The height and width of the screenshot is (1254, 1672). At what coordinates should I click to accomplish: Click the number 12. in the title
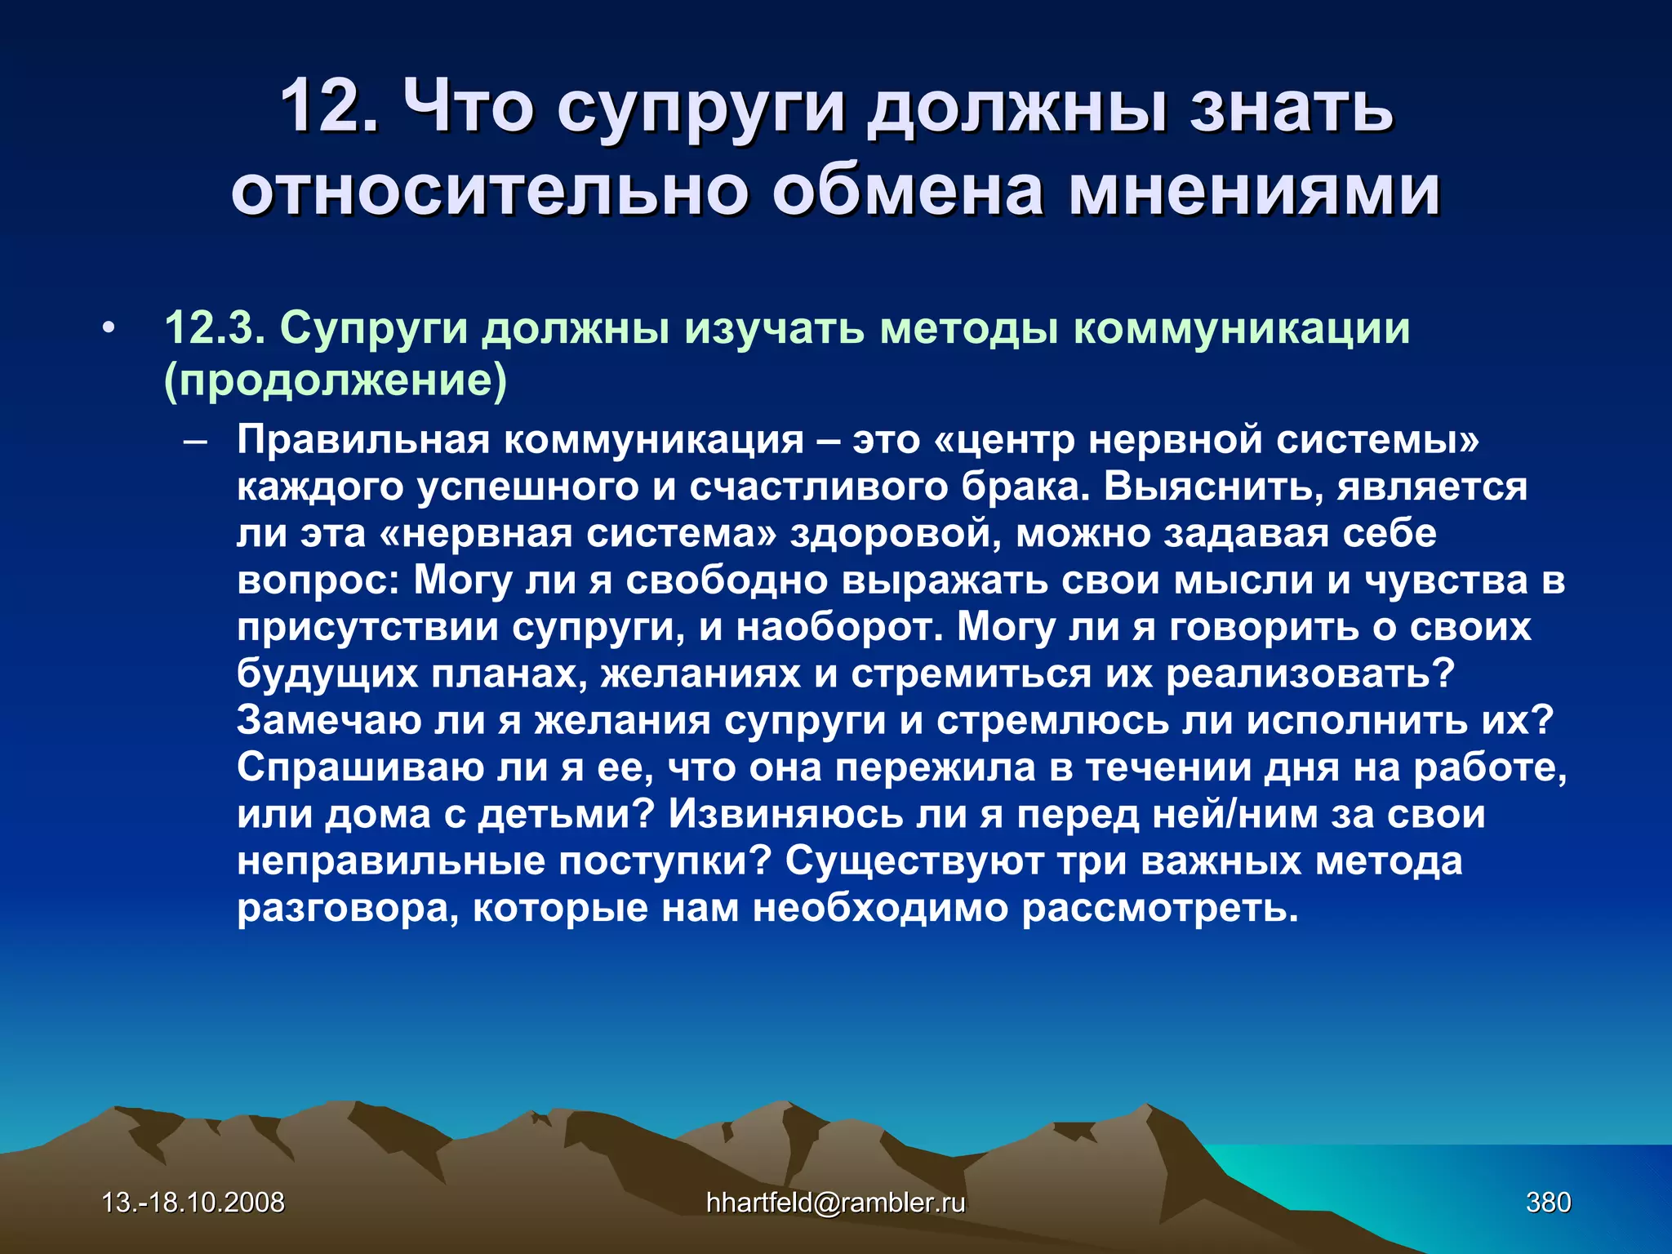(330, 106)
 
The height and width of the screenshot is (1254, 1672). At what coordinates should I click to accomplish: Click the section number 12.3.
(214, 328)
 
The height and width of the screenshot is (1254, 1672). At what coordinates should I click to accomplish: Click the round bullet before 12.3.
(109, 329)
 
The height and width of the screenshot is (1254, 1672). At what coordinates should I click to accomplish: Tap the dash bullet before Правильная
(195, 442)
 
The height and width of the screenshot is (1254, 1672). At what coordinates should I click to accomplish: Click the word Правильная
(363, 440)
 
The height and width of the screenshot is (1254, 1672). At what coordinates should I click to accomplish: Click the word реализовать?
(1310, 675)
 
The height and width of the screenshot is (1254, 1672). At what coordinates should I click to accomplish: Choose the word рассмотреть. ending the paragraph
(1159, 909)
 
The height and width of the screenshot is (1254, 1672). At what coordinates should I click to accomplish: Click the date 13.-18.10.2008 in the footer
(193, 1203)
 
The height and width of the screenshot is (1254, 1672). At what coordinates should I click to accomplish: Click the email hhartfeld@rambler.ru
(835, 1203)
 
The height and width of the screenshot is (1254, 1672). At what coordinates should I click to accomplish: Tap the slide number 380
(1548, 1203)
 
